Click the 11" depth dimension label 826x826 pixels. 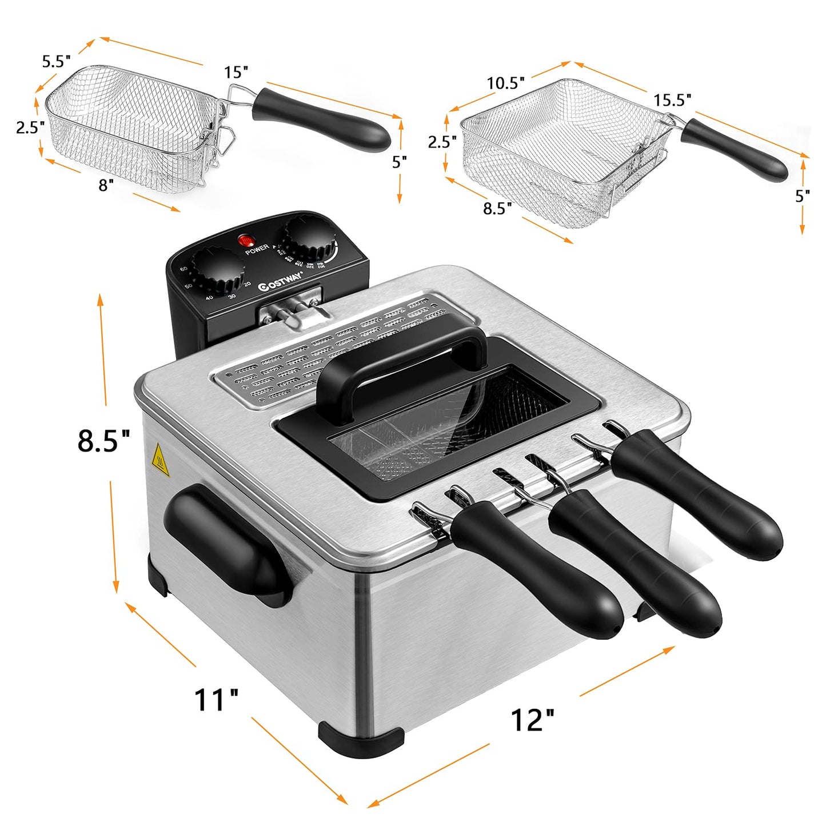tap(216, 700)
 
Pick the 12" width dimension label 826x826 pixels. tap(532, 720)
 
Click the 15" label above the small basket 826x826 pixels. tap(236, 73)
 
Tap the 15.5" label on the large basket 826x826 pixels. tap(672, 100)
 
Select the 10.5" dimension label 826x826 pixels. tap(505, 83)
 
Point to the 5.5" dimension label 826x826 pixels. tap(56, 61)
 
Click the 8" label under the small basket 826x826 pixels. tap(106, 185)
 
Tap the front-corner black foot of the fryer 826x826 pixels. tap(360, 737)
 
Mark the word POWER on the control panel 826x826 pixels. tap(257, 249)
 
